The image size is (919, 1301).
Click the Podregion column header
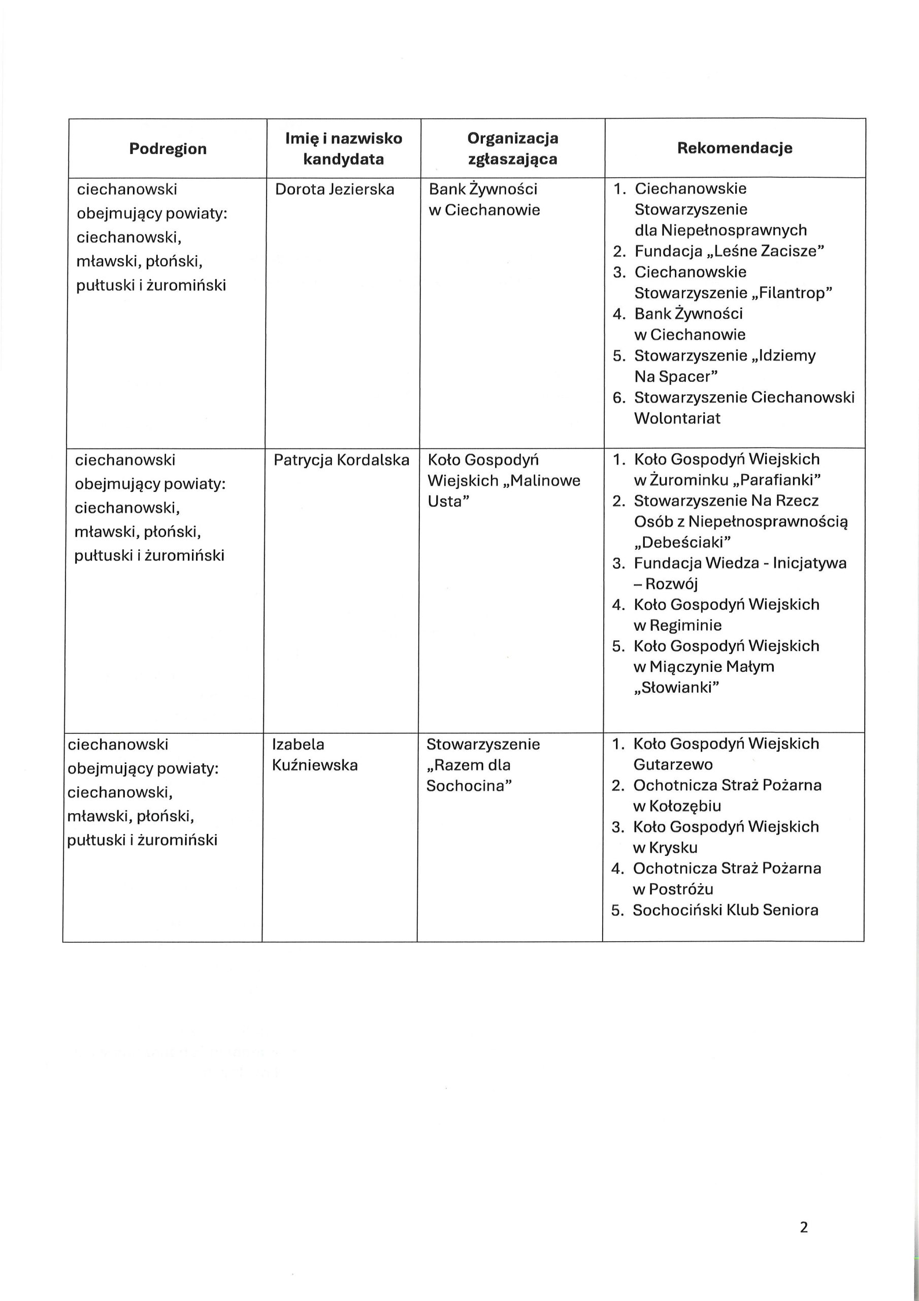point(168,149)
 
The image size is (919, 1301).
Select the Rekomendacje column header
point(734,148)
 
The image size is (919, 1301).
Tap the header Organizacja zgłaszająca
point(512,148)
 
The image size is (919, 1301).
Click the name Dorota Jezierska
point(335,189)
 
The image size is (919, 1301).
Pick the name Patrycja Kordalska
point(341,460)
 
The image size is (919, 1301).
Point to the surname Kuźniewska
point(315,765)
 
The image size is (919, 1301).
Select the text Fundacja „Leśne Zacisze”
point(729,251)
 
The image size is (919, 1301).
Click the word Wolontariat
point(677,419)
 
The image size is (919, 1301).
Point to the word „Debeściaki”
point(682,543)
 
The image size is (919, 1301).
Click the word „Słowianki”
point(676,688)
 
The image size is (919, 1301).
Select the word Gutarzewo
point(673,765)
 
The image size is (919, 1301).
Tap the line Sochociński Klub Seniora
point(726,911)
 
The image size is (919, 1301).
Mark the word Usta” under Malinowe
point(449,502)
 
